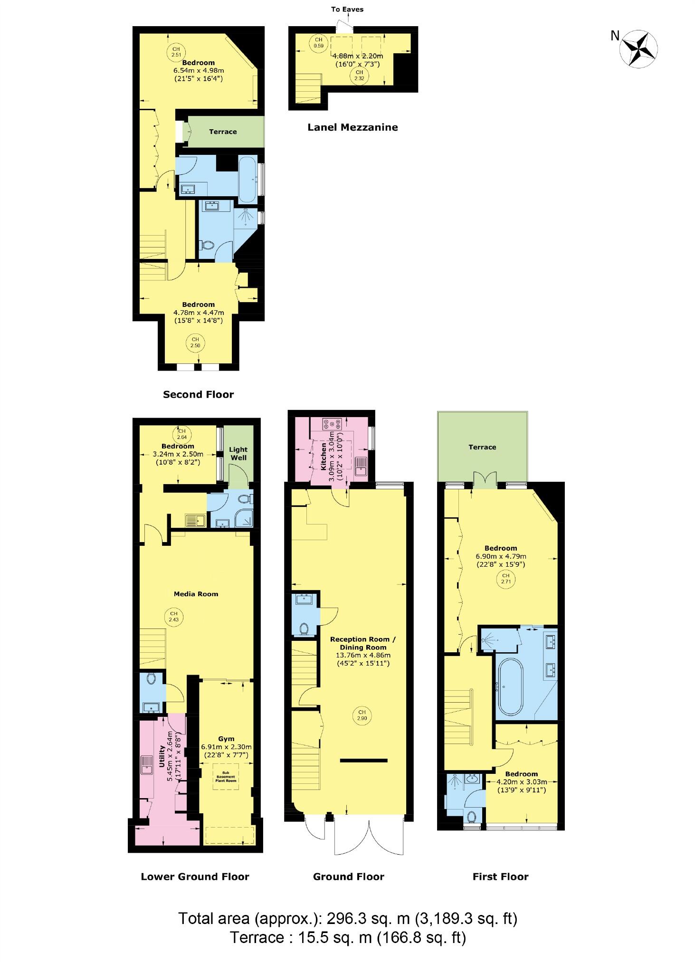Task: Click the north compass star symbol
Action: (639, 48)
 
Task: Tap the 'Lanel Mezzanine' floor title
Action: (352, 127)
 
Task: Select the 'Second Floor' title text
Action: (198, 394)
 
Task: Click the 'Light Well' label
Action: (238, 453)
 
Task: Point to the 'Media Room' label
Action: (196, 594)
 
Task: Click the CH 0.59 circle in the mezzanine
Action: (318, 42)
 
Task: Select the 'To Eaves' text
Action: (347, 9)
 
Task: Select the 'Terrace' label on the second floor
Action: (223, 132)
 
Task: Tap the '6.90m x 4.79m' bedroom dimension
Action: (501, 556)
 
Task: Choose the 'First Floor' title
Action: (500, 877)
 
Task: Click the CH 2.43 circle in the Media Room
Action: (173, 616)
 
